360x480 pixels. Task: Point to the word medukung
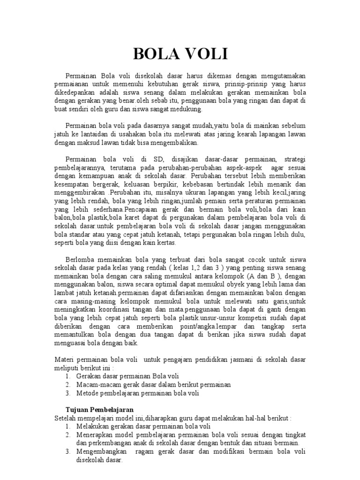[x=187, y=109]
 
